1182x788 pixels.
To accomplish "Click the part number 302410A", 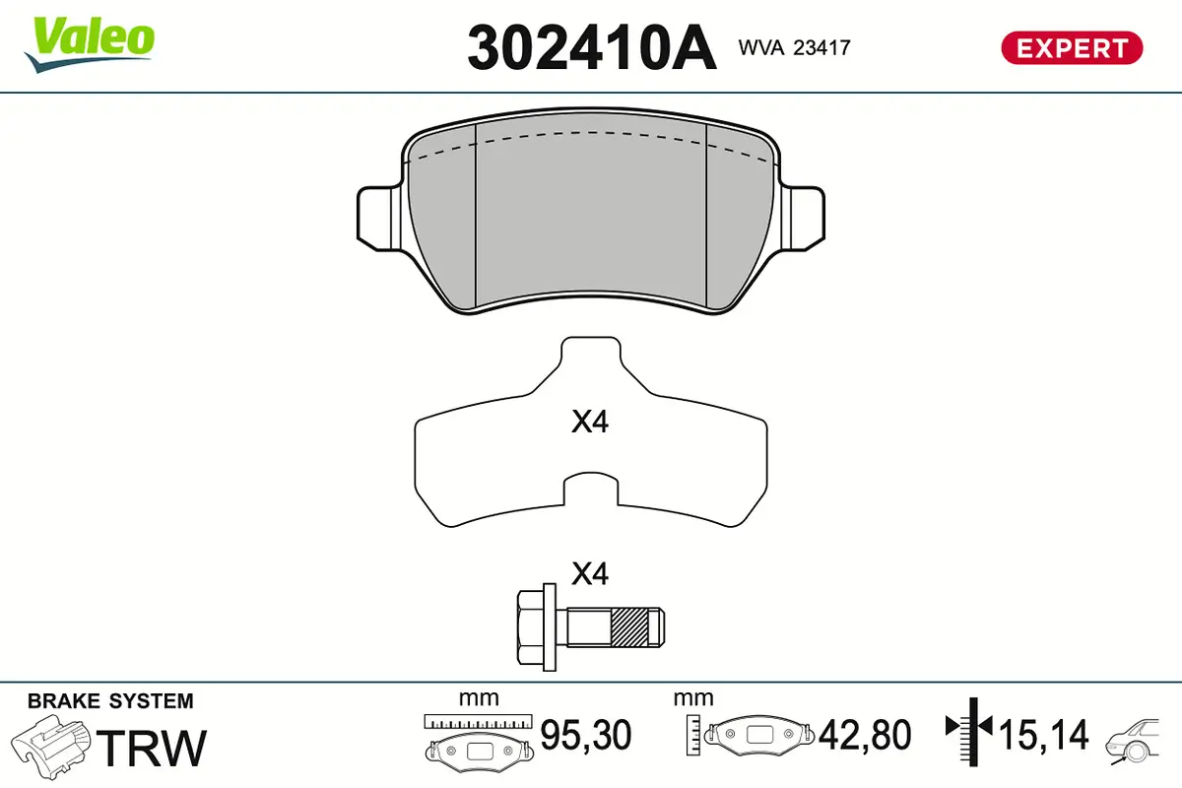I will [x=591, y=47].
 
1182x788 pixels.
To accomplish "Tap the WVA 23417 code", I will [x=794, y=46].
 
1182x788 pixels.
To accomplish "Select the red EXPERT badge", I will [x=1072, y=47].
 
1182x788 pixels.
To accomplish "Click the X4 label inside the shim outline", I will [x=591, y=424].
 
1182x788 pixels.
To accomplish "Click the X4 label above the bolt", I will [x=591, y=573].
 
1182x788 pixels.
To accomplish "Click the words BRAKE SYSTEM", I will [x=110, y=701].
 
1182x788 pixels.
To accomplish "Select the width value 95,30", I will [x=586, y=735].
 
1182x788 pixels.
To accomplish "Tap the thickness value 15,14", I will [x=1044, y=735].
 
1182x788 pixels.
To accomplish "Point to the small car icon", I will [x=1136, y=740].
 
